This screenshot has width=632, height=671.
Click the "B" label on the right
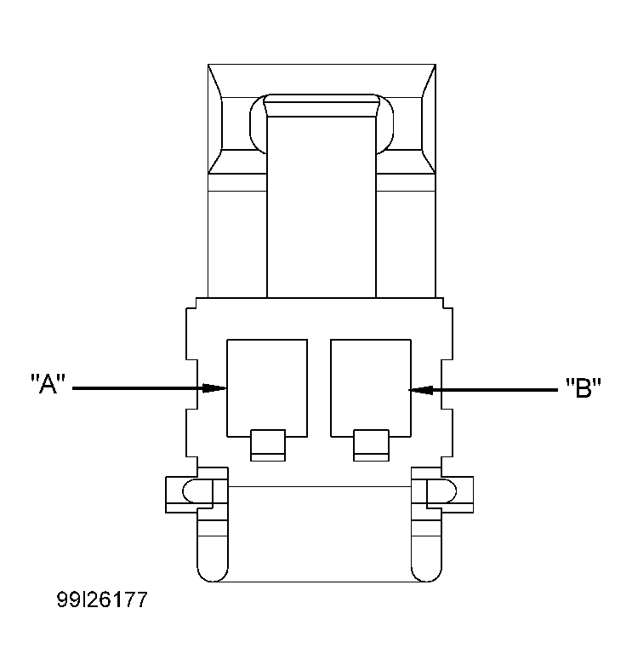[x=584, y=389]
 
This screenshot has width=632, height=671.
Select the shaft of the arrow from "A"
[x=136, y=389]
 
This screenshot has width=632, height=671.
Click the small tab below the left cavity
[x=267, y=445]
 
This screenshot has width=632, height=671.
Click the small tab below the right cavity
[x=370, y=445]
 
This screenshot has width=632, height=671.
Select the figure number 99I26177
[x=102, y=600]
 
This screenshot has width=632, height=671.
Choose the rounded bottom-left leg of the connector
[x=213, y=553]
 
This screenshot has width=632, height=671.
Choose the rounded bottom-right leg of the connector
[x=425, y=553]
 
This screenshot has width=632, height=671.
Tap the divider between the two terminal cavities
[x=318, y=387]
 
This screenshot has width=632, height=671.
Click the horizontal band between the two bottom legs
[x=319, y=532]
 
